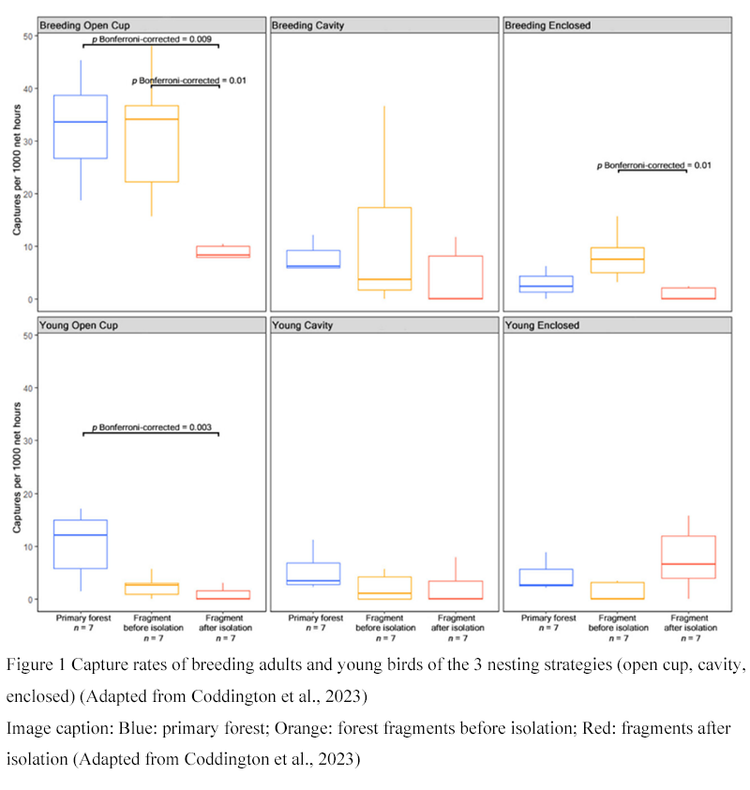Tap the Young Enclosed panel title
543,325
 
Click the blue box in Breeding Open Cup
81,127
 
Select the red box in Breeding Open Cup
223,251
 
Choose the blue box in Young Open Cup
81,544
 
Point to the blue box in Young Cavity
314,574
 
